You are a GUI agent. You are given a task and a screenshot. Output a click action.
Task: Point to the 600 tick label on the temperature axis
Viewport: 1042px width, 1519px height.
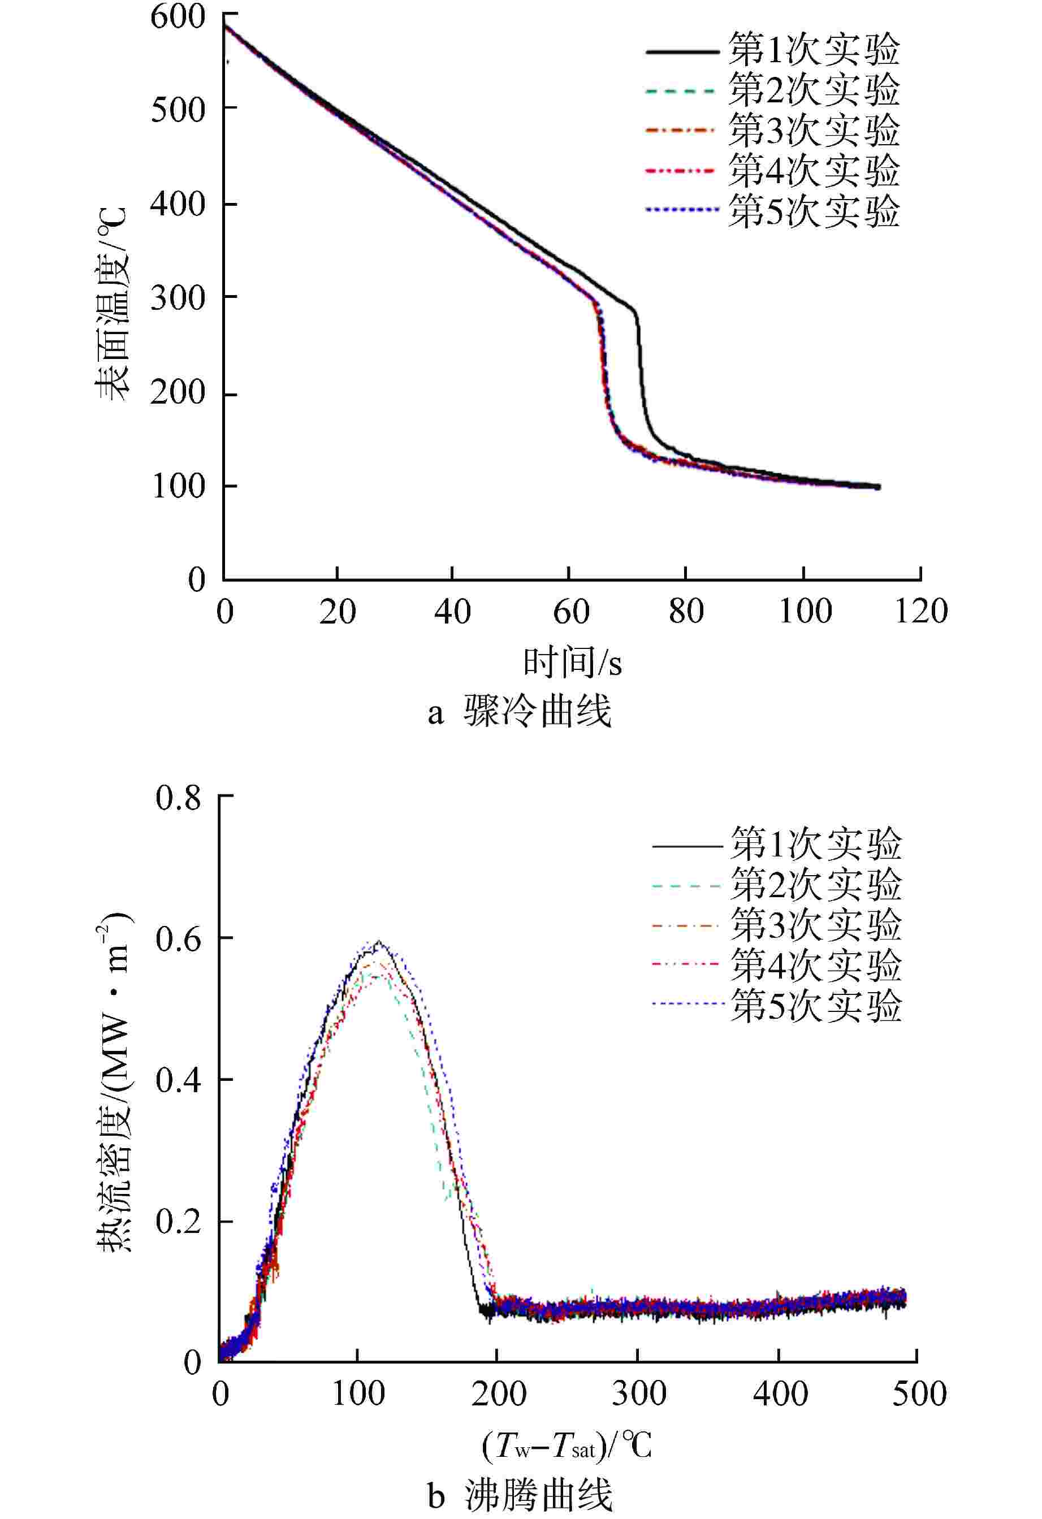pos(178,16)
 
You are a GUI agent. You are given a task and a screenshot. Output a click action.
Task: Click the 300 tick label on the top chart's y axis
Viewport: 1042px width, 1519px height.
pos(178,298)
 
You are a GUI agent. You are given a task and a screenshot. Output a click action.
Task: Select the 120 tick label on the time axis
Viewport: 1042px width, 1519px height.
pos(921,612)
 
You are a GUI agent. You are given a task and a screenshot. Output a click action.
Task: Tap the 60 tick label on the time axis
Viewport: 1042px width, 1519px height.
pos(570,612)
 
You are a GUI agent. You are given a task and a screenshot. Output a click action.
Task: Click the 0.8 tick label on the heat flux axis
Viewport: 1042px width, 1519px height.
pos(178,798)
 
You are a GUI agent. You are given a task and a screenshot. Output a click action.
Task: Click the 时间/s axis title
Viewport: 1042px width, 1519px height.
pos(572,662)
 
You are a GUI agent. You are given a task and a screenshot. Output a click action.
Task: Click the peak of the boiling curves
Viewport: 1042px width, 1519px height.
pos(378,942)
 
